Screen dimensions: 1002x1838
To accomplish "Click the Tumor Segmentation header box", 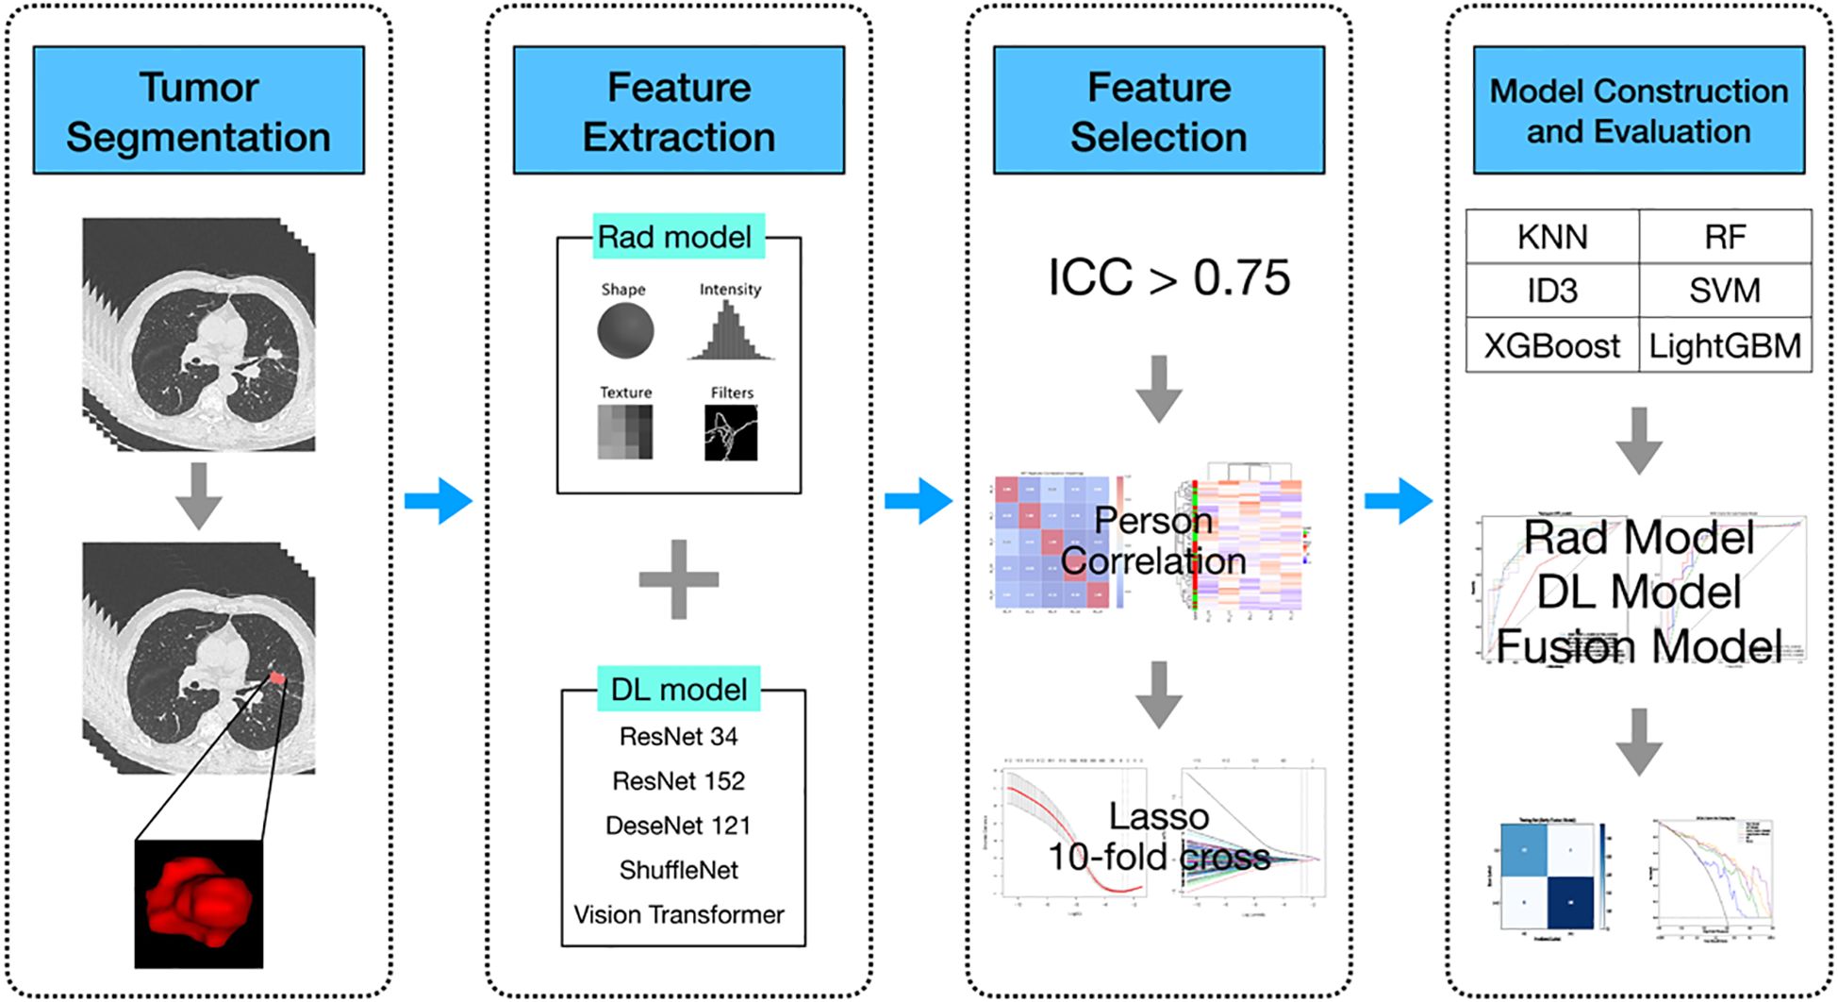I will click(x=198, y=110).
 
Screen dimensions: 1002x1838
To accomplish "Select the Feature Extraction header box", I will click(x=678, y=110).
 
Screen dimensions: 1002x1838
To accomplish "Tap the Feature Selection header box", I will click(x=1158, y=110).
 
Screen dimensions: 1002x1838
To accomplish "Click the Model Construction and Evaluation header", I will click(x=1638, y=110).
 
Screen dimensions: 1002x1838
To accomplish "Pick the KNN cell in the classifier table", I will click(x=1552, y=237).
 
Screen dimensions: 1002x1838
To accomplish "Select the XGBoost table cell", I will click(x=1552, y=346).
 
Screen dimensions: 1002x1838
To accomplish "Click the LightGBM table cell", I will click(x=1725, y=346).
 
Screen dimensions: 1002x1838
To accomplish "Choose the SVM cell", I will click(x=1725, y=291).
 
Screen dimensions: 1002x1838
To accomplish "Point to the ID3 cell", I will click(x=1552, y=291).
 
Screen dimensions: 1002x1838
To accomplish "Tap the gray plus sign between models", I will click(x=678, y=579).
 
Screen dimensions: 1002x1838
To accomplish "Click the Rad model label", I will click(x=675, y=237).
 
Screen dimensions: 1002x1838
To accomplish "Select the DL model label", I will click(x=678, y=690).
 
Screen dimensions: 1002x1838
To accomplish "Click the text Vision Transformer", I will click(x=678, y=914).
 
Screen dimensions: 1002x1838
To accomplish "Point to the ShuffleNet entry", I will click(x=678, y=870).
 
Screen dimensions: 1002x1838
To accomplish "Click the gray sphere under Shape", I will click(x=625, y=331).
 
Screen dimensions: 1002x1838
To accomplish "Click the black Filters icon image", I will click(x=731, y=433).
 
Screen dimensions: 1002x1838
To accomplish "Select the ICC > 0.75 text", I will click(x=1168, y=278).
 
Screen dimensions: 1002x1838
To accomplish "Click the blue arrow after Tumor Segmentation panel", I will click(x=439, y=501).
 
